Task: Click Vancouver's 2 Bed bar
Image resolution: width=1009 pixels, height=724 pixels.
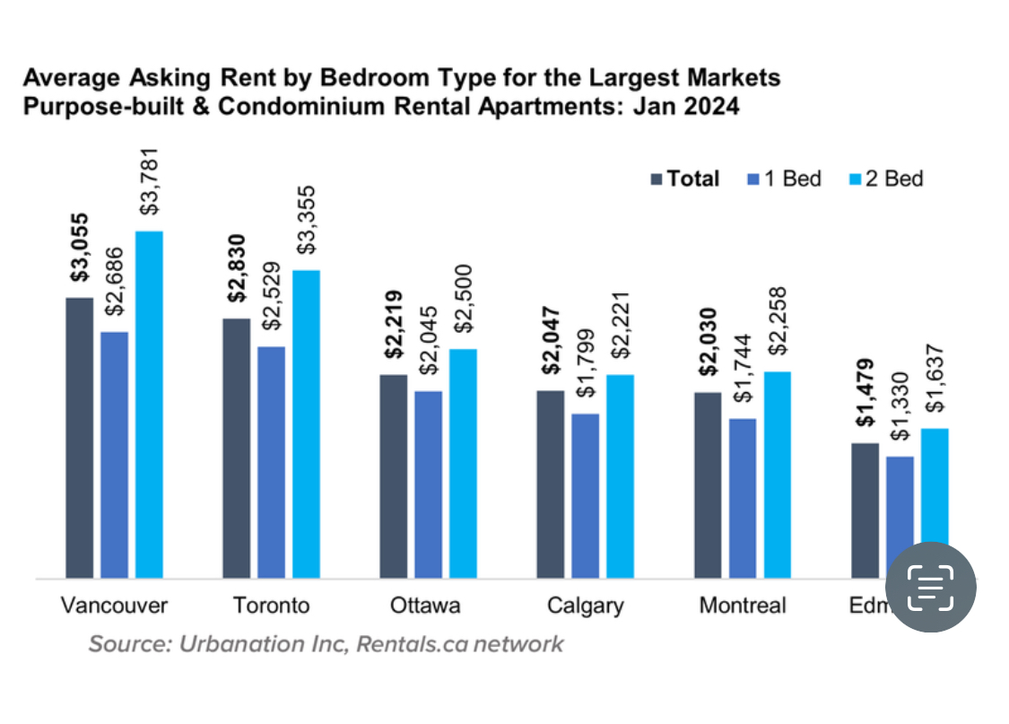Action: coord(149,404)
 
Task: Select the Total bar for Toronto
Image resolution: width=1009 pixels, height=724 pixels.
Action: coord(236,448)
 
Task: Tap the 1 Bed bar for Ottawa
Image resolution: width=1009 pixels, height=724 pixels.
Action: coord(428,484)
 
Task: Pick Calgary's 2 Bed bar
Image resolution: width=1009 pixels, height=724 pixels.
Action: coord(620,476)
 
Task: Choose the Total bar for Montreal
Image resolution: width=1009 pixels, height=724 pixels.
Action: coord(708,485)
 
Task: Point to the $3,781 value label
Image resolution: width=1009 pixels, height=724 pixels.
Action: coord(150,182)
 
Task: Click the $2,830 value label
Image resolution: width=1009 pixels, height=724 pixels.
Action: coord(236,263)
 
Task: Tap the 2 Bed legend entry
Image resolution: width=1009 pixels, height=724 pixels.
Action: coord(885,179)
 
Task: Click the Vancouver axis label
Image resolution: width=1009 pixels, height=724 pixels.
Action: coord(114,606)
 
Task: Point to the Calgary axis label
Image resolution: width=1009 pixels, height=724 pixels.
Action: coord(585,606)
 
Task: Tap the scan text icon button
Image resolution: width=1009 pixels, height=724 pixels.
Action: coord(930,588)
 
